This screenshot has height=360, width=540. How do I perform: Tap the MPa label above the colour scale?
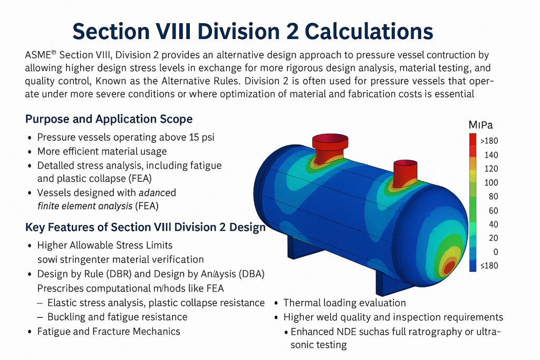pos(480,125)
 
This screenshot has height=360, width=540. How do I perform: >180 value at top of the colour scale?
pos(489,141)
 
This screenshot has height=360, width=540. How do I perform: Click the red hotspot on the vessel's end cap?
pos(449,266)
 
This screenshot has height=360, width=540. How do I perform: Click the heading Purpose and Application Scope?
pos(109,119)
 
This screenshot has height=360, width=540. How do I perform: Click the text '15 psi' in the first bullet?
pos(201,138)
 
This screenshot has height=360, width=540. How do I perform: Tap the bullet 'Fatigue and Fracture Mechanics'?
pos(109,332)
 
